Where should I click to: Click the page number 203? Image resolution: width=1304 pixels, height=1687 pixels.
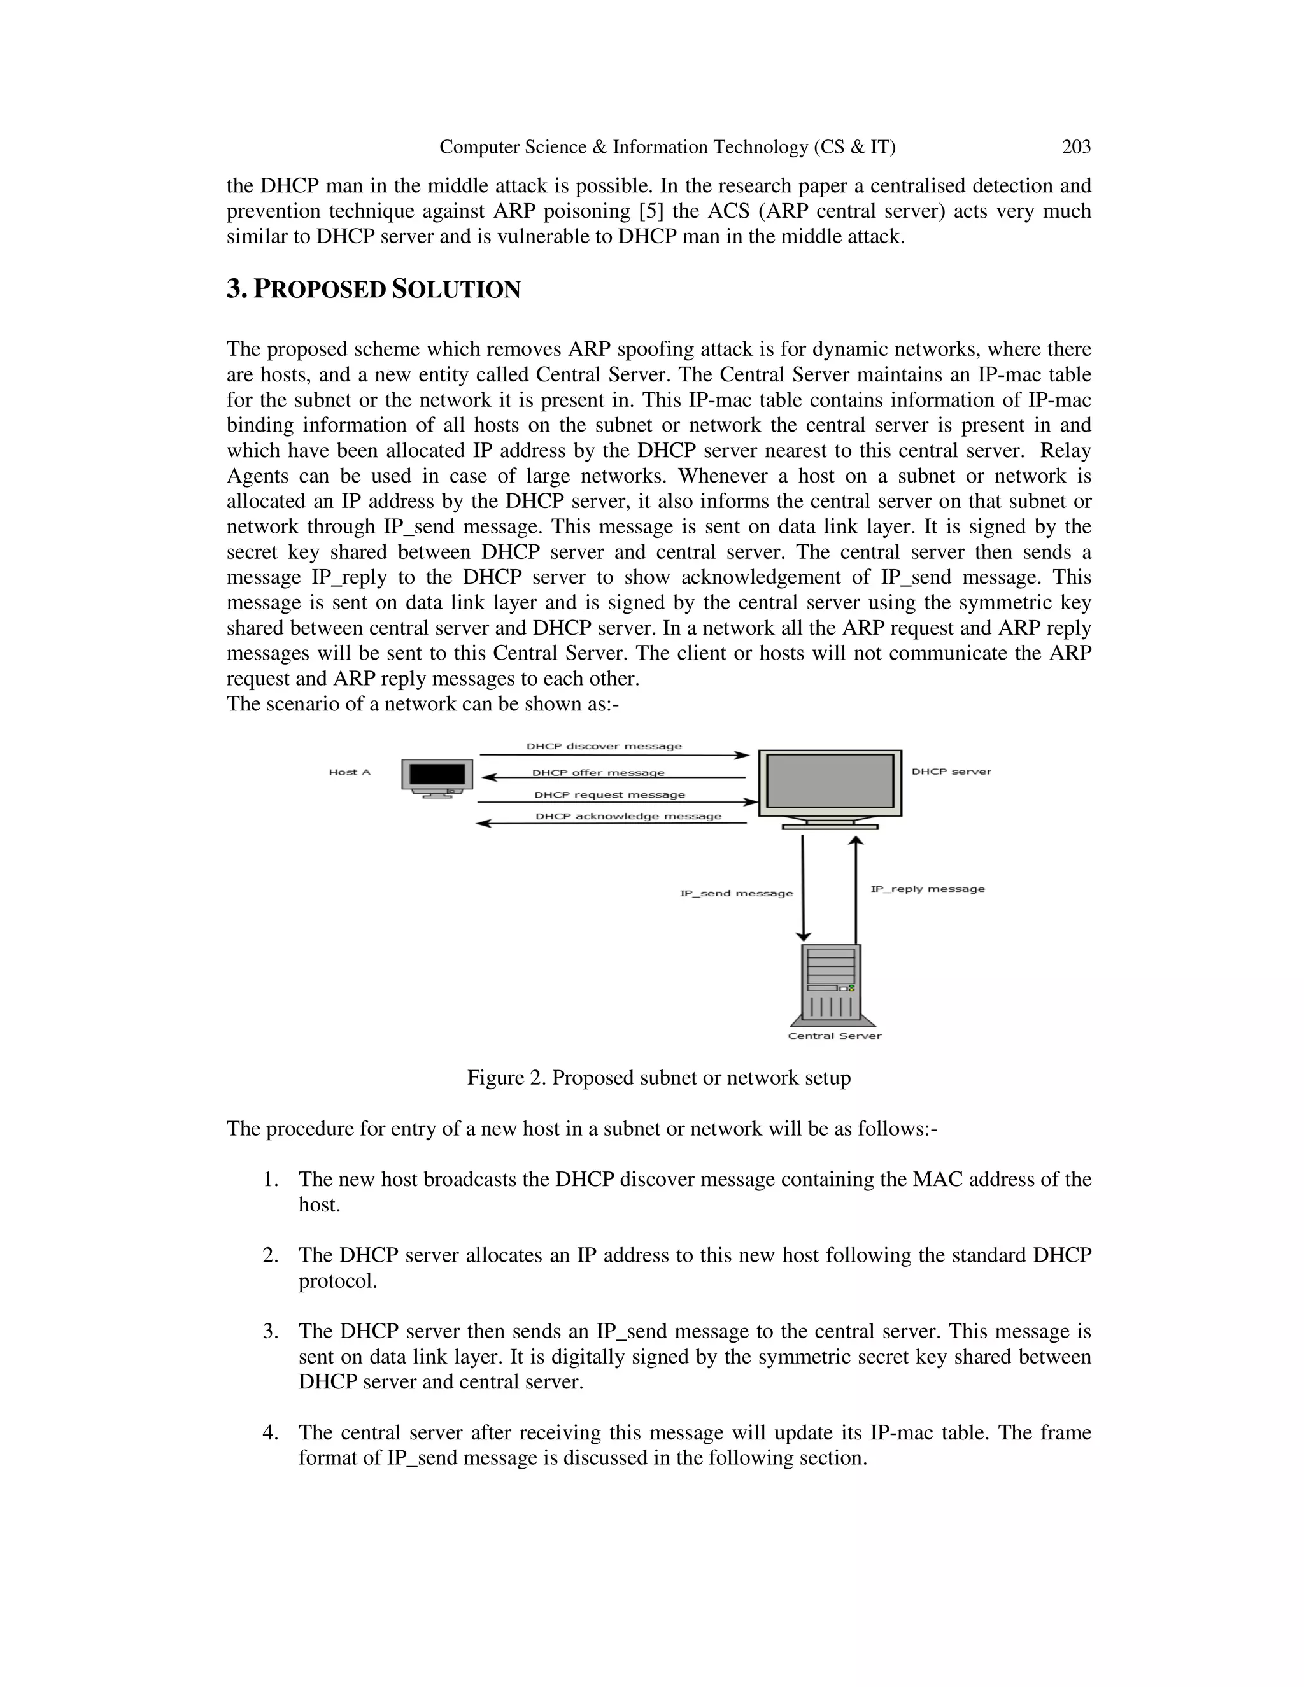[x=1075, y=147]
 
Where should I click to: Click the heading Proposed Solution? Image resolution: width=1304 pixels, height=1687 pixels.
[x=373, y=290]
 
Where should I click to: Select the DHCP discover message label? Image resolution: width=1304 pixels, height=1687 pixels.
[x=604, y=746]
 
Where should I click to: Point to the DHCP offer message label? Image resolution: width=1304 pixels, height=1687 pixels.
[x=598, y=772]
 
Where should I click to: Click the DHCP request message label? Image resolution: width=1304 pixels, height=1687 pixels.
[x=609, y=795]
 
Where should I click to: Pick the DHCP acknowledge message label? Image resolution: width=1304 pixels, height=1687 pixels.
[x=628, y=817]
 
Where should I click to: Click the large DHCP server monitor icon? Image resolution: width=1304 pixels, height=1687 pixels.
[x=830, y=788]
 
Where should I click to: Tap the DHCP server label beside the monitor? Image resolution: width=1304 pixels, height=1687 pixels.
[x=951, y=772]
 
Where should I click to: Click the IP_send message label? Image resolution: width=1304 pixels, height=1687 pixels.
[x=735, y=893]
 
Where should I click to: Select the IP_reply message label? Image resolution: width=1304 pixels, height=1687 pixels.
[x=928, y=889]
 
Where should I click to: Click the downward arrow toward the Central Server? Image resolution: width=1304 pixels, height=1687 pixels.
[x=804, y=888]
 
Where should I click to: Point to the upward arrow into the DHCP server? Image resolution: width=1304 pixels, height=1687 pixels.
[x=855, y=888]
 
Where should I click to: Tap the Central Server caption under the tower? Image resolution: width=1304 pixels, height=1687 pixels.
[x=834, y=1036]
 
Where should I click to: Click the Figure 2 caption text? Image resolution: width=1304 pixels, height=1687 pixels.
[x=658, y=1078]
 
